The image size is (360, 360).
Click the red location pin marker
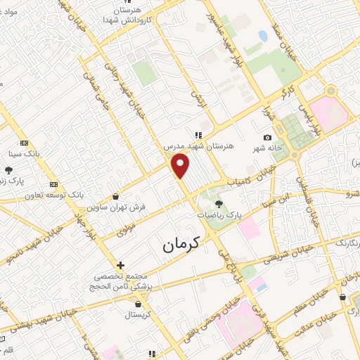click(181, 167)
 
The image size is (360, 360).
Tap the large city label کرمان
click(181, 243)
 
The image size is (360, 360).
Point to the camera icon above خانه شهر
click(267, 137)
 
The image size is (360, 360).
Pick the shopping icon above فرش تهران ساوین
click(115, 198)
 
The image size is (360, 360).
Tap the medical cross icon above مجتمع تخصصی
click(121, 266)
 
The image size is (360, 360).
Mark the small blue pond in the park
click(263, 35)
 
